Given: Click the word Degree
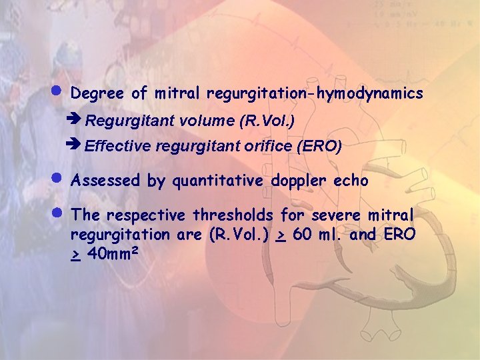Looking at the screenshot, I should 97,94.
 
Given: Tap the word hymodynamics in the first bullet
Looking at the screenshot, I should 370,94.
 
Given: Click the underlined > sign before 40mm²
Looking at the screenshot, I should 76,255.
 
